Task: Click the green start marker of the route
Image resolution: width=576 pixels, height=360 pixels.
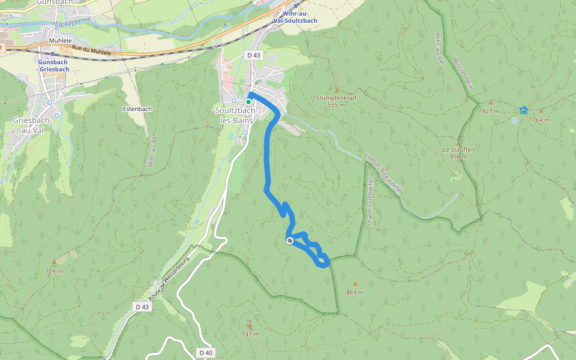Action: tap(248, 102)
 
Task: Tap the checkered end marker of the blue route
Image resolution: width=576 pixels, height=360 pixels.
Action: tap(290, 241)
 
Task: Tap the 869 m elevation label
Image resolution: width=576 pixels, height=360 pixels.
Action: tap(355, 292)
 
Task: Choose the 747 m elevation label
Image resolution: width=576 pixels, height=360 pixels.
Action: tap(250, 334)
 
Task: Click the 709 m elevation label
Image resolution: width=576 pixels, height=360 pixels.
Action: tap(54, 271)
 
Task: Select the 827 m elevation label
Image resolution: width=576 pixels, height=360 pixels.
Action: tap(491, 111)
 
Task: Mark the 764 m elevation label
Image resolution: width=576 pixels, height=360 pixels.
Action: tap(541, 119)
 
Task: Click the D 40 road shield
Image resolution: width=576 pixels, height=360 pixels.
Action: tap(205, 353)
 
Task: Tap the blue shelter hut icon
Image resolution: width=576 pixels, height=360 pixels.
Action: tap(524, 110)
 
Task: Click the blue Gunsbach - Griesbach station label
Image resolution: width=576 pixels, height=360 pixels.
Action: tap(53, 65)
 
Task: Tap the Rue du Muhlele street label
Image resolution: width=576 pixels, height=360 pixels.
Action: tap(91, 53)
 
